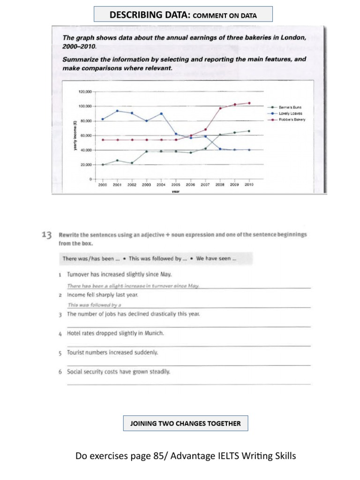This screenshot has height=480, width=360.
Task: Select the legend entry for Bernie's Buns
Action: (x=291, y=107)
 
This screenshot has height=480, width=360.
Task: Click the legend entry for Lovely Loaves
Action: (x=291, y=113)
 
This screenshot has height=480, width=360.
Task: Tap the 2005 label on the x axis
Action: (x=176, y=185)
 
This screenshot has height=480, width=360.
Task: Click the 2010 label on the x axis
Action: (x=248, y=185)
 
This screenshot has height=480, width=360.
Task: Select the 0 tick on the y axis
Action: (x=89, y=179)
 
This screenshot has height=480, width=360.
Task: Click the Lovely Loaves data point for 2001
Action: (x=117, y=111)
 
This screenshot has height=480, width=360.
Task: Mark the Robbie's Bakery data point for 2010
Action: (x=249, y=103)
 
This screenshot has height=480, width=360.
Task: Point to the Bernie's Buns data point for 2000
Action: (x=103, y=165)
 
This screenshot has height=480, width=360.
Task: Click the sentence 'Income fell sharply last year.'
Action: (x=102, y=295)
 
